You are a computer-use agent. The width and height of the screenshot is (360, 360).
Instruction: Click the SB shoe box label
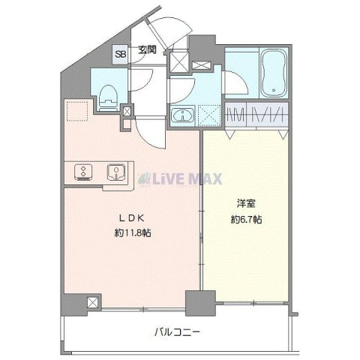(121, 53)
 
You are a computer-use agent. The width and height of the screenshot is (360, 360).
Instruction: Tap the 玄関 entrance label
(147, 51)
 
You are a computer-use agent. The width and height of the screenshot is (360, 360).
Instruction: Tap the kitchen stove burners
(83, 172)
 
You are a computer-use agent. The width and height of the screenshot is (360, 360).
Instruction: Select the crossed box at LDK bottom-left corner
(92, 303)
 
